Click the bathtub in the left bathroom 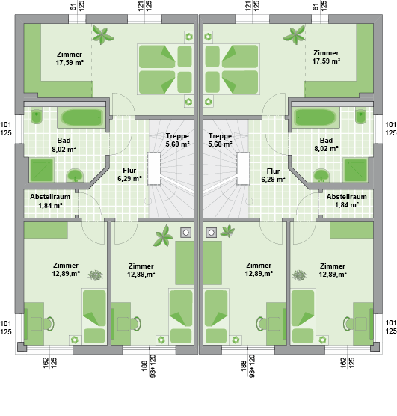point(81,117)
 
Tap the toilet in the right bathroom point(360,116)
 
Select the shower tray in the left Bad point(42,170)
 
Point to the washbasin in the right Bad point(321,175)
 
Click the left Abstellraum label point(50,197)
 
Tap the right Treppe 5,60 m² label point(220,140)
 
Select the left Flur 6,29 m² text point(129,174)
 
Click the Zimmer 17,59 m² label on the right point(326,57)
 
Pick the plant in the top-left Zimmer point(103,34)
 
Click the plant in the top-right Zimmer point(294,34)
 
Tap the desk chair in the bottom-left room point(49,324)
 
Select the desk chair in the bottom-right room point(348,324)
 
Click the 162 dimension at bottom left point(46,363)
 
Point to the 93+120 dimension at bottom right point(252,366)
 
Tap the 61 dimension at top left point(73,7)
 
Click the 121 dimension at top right point(248,6)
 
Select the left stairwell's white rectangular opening point(154,168)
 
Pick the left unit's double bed point(165,69)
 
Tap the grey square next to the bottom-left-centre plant point(185,233)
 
